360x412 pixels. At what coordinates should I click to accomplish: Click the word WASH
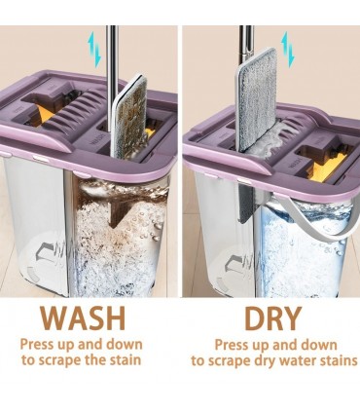[83, 318]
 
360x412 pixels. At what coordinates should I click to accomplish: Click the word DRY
[273, 318]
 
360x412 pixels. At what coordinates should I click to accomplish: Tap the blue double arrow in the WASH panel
[95, 49]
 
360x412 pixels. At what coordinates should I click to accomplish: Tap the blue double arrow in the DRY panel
[288, 49]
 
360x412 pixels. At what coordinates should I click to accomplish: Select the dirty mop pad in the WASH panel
[129, 116]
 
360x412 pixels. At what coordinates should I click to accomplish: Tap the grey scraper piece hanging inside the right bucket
[246, 204]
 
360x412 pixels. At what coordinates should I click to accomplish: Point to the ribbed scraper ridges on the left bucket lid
[74, 110]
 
